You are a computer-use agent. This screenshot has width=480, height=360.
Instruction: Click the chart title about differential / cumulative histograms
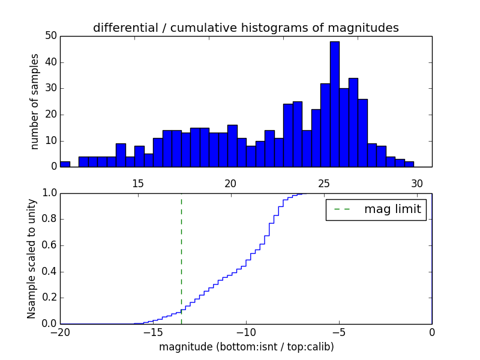[x=246, y=28]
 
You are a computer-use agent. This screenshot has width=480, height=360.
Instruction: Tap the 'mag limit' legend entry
[x=376, y=209]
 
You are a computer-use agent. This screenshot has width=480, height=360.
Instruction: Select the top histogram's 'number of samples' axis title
[x=35, y=101]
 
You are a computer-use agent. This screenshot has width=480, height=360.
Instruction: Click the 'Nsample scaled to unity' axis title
[x=31, y=258]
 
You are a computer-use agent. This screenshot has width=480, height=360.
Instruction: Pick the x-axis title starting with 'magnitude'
[x=246, y=347]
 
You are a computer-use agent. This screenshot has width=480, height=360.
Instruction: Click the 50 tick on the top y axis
[x=50, y=36]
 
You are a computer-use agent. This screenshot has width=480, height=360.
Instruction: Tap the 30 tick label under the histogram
[x=417, y=184]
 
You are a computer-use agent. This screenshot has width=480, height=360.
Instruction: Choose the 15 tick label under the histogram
[x=138, y=184]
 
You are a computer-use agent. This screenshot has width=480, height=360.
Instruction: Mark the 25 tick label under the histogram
[x=324, y=184]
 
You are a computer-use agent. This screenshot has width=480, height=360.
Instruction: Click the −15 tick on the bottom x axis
[x=153, y=332]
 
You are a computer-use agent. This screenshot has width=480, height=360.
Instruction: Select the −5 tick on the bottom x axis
[x=339, y=332]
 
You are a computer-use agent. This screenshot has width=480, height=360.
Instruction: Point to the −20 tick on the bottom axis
[x=60, y=332]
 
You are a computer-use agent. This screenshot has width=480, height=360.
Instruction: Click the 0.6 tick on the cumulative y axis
[x=49, y=245]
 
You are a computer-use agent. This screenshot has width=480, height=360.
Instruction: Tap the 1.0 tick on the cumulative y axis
[x=49, y=193]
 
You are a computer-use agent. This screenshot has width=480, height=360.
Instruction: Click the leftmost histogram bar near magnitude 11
[x=65, y=164]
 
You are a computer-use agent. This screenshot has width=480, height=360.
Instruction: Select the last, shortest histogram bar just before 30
[x=409, y=164]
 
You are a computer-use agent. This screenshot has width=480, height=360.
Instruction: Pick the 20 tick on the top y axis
[x=50, y=115]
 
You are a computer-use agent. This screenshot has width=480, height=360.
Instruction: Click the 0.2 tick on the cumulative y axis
[x=49, y=298]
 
